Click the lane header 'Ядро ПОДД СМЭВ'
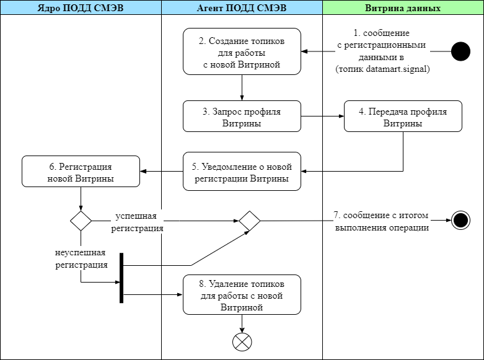[81, 8]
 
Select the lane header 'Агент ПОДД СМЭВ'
[242, 8]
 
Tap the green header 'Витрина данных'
[403, 8]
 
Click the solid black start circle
[460, 51]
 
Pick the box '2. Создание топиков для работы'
[242, 51]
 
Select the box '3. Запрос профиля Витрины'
[242, 116]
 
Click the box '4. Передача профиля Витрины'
[403, 116]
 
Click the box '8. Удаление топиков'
[242, 295]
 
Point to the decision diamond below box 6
[81, 221]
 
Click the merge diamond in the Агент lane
[250, 221]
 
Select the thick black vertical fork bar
[121, 278]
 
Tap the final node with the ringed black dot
[460, 221]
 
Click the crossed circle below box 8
[242, 341]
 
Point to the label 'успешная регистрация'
[137, 222]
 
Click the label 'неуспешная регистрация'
[81, 258]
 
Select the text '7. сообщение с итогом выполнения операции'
[381, 221]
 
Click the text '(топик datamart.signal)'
[382, 69]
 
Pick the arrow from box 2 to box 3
[242, 88]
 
